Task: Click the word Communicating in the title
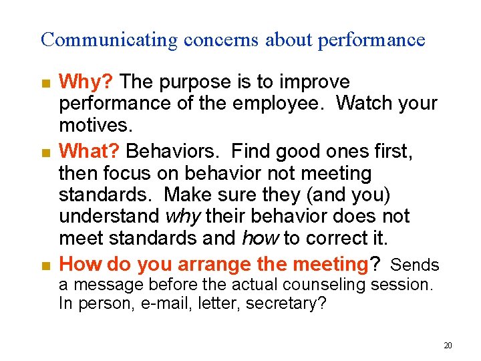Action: pos(109,40)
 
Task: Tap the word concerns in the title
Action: pos(220,40)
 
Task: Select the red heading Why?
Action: pos(88,82)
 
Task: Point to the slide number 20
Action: pos(448,346)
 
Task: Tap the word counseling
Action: pos(323,285)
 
